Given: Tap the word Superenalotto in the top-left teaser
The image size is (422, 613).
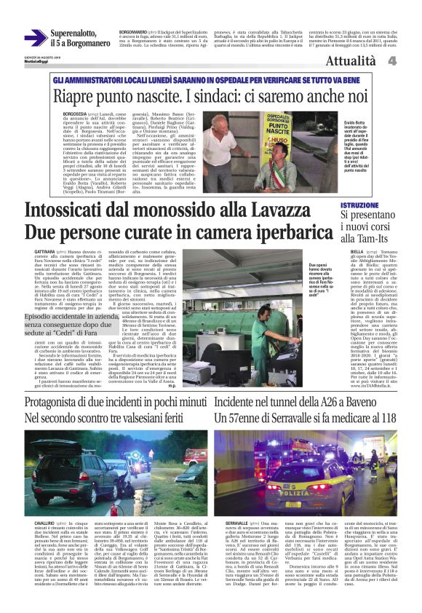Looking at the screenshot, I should (x=78, y=33).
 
